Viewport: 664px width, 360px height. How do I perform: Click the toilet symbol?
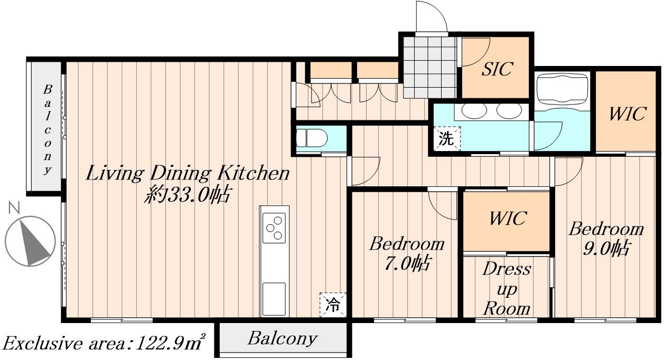pyautogui.click(x=312, y=138)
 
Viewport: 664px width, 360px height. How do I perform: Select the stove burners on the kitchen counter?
pyautogui.click(x=274, y=228)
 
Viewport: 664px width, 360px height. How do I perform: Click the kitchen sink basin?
pyautogui.click(x=274, y=299)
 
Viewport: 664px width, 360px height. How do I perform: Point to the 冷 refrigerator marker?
pyautogui.click(x=333, y=305)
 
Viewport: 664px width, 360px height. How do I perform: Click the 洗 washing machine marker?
pyautogui.click(x=447, y=138)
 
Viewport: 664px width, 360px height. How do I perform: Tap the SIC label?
pyautogui.click(x=497, y=69)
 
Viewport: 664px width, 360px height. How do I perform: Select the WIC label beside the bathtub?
pyautogui.click(x=627, y=113)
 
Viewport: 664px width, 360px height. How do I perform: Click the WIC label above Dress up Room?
pyautogui.click(x=508, y=219)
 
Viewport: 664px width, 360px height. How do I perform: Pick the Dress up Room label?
pyautogui.click(x=507, y=289)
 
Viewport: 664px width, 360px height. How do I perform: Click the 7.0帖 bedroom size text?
pyautogui.click(x=407, y=263)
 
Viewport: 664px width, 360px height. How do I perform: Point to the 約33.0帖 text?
pyautogui.click(x=186, y=194)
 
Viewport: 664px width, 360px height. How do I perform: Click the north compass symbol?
pyautogui.click(x=30, y=241)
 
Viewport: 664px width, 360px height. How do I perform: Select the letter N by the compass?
pyautogui.click(x=14, y=207)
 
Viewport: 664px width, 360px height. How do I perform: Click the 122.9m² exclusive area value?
pyautogui.click(x=170, y=342)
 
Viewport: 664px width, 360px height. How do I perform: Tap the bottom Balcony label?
pyautogui.click(x=282, y=338)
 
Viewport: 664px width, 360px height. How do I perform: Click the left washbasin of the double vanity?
pyautogui.click(x=474, y=111)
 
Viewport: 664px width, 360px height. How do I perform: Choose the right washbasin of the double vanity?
pyautogui.click(x=509, y=111)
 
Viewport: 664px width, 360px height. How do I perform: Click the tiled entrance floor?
pyautogui.click(x=429, y=67)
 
